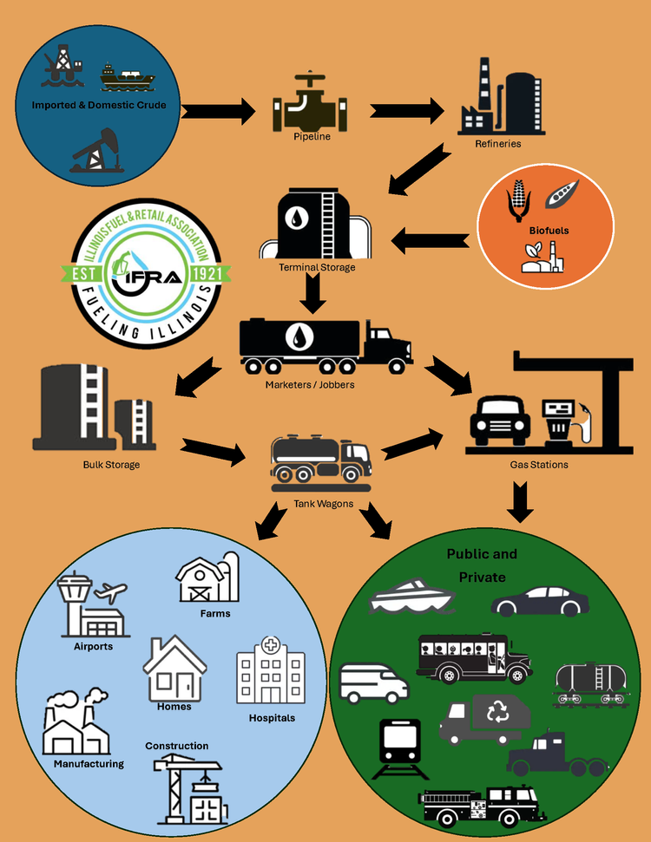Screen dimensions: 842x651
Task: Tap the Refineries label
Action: (497, 143)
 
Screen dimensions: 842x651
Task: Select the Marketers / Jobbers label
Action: (310, 384)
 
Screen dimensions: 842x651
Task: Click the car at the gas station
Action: (499, 421)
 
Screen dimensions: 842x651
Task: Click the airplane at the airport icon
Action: (112, 594)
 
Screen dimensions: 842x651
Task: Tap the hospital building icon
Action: (271, 673)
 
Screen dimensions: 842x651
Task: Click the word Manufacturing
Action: (89, 764)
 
